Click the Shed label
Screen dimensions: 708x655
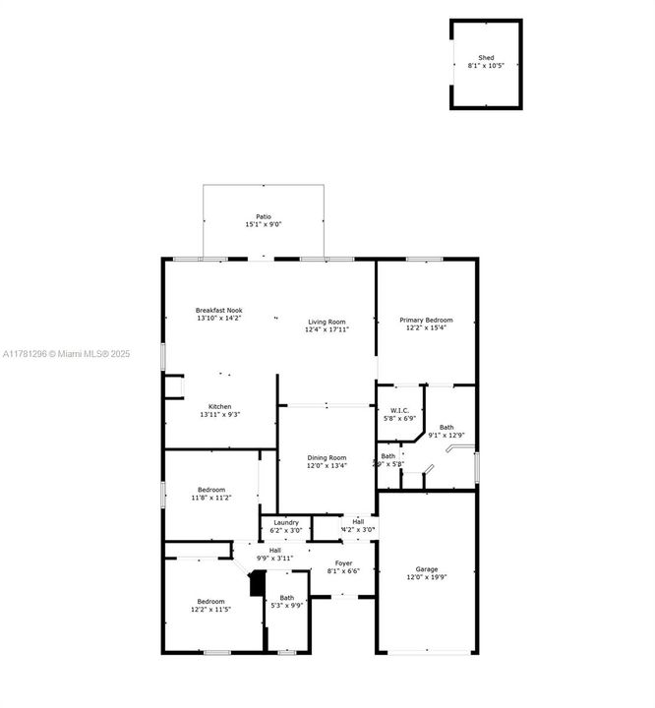pyautogui.click(x=486, y=58)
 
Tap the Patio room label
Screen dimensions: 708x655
pyautogui.click(x=263, y=216)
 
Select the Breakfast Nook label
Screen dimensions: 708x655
pyautogui.click(x=218, y=310)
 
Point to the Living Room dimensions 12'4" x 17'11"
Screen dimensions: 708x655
pyautogui.click(x=327, y=329)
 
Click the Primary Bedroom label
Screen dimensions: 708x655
pyautogui.click(x=426, y=320)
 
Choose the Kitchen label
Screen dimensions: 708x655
pyautogui.click(x=218, y=406)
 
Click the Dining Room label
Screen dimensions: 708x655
pyautogui.click(x=327, y=457)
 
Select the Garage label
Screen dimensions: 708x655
pyautogui.click(x=426, y=569)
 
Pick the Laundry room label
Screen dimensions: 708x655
pyautogui.click(x=286, y=522)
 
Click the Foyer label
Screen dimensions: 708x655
pyautogui.click(x=343, y=563)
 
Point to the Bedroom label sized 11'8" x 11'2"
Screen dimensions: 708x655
pyautogui.click(x=210, y=490)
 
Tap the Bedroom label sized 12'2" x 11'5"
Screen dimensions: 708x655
pyautogui.click(x=210, y=601)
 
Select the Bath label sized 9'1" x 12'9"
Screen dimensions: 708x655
pyautogui.click(x=447, y=427)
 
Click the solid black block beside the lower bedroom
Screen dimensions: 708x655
pyautogui.click(x=257, y=584)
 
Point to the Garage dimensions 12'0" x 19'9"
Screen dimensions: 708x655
pyautogui.click(x=426, y=578)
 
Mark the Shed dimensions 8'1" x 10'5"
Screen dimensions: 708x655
pyautogui.click(x=486, y=66)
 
